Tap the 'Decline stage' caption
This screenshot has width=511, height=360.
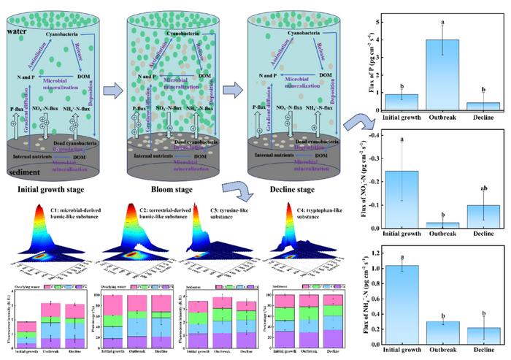pyautogui.click(x=289, y=191)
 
